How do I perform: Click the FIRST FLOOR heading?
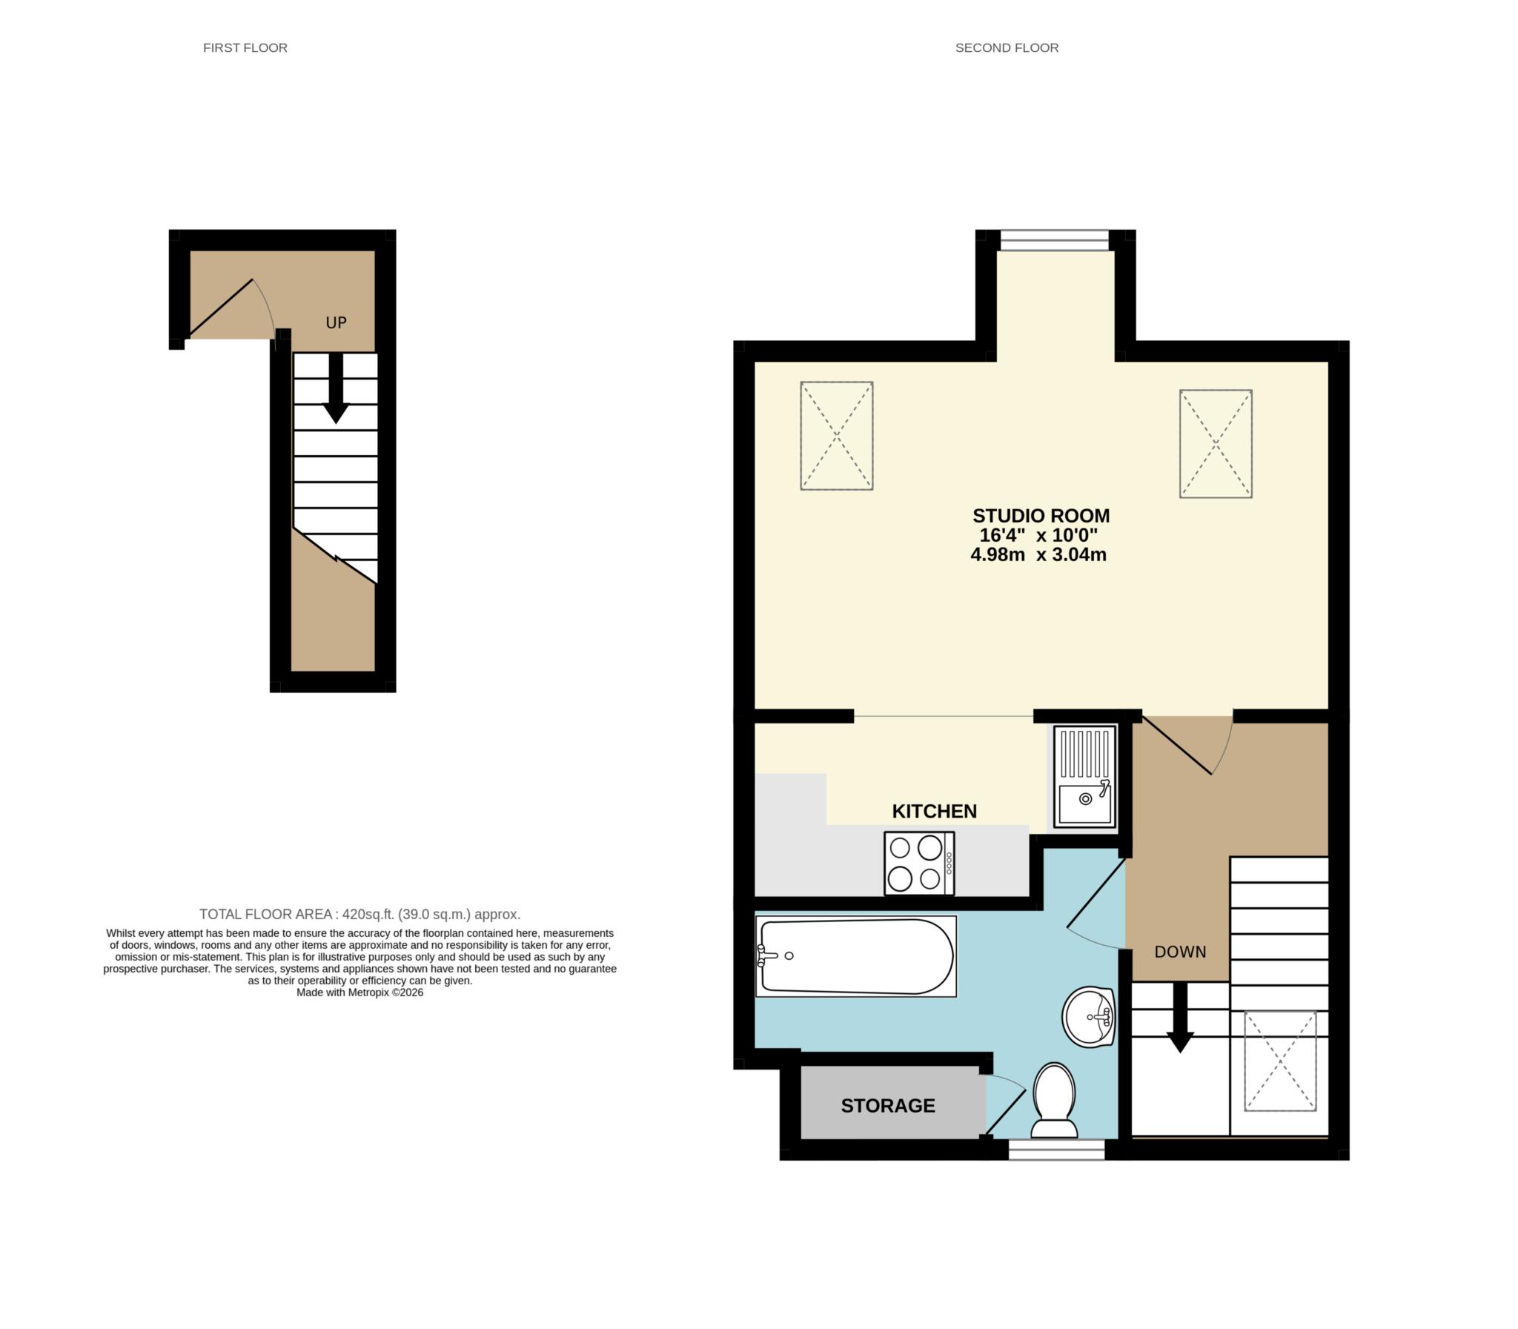tap(245, 47)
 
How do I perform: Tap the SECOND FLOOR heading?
tap(1007, 47)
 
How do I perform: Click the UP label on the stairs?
tap(336, 322)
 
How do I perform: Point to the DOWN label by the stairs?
tap(1180, 952)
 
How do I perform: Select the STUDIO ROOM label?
tap(1041, 515)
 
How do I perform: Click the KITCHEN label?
tap(934, 812)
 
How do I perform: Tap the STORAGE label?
tap(888, 1106)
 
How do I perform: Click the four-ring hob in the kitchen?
tap(918, 864)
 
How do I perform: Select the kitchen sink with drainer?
tap(1085, 777)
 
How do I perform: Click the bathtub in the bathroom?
tap(856, 956)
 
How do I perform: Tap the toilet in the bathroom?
tap(1054, 1101)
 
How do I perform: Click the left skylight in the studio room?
tap(837, 436)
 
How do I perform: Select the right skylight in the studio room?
tap(1216, 443)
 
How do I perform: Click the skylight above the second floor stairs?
tap(1280, 1061)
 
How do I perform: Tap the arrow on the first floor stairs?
tap(336, 389)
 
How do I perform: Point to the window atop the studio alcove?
tap(1054, 240)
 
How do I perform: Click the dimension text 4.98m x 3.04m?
tap(1038, 554)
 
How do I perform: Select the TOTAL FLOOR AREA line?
tap(359, 915)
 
